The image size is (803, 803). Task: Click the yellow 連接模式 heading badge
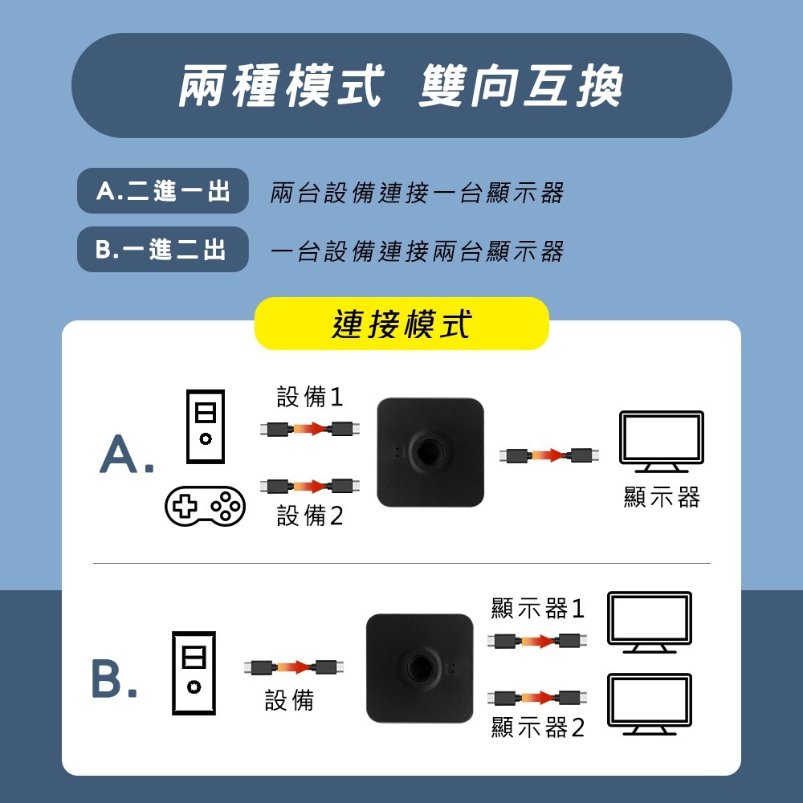[x=401, y=324]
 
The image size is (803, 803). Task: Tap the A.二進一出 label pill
[x=163, y=191]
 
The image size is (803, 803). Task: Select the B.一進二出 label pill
[x=163, y=250]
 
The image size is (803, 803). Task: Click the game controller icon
[x=205, y=505]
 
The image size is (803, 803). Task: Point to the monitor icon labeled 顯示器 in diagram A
[x=661, y=441]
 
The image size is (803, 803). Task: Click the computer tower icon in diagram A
[x=206, y=426]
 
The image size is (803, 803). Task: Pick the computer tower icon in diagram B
[x=194, y=673]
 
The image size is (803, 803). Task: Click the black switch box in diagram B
[x=420, y=668]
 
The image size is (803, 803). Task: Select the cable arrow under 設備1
[x=310, y=428]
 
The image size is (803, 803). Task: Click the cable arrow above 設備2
[x=310, y=485]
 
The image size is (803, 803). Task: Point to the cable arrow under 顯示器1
[x=537, y=641]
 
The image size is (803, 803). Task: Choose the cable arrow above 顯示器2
[x=537, y=696]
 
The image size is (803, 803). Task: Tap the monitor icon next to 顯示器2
[x=650, y=703]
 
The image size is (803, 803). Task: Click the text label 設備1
[x=310, y=397]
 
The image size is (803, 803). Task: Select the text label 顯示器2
[x=538, y=728]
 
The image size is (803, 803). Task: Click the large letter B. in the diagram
[x=113, y=679]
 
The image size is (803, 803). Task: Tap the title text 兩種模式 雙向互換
[x=401, y=85]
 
